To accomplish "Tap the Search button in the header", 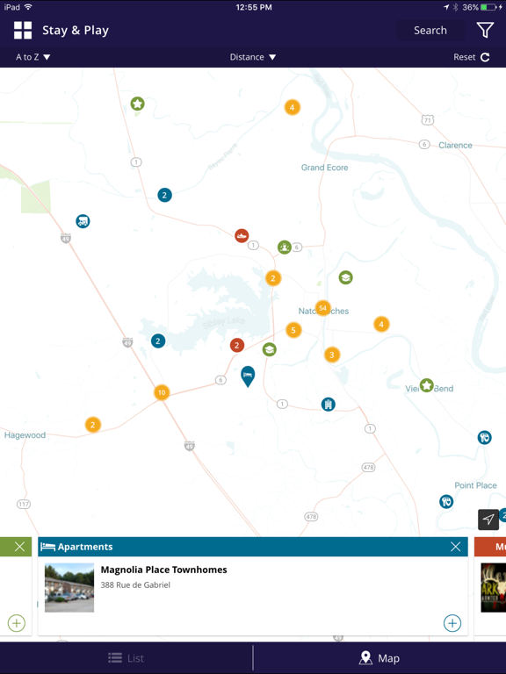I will [x=430, y=30].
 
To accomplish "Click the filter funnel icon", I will [x=485, y=30].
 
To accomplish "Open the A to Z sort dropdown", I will [x=33, y=57].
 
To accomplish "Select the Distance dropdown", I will [x=253, y=57].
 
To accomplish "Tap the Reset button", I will [x=472, y=57].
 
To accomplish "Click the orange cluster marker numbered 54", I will [x=323, y=308].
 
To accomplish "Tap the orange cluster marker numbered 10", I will [x=162, y=392].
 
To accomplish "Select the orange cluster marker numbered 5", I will [x=293, y=330].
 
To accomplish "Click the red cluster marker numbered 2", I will [x=236, y=345].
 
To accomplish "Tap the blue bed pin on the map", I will [x=248, y=376].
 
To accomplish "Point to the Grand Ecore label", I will [x=325, y=168].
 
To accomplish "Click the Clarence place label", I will [x=455, y=146].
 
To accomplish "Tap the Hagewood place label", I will [x=25, y=435].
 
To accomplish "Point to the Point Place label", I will [x=475, y=485].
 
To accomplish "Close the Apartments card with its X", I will [x=455, y=547].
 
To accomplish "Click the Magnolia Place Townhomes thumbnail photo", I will [x=69, y=587].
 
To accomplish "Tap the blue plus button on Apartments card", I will [x=452, y=623].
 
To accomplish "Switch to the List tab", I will [x=126, y=658].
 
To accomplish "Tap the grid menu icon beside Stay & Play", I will [x=23, y=31].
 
